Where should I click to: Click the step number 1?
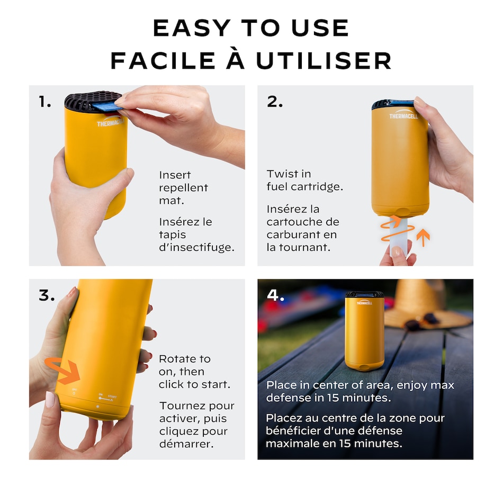[x=44, y=102]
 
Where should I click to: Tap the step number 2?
[x=275, y=102]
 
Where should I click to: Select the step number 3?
[x=47, y=295]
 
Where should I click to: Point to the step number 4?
[x=275, y=295]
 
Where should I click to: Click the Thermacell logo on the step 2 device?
[x=403, y=115]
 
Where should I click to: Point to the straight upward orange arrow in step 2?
[x=423, y=237]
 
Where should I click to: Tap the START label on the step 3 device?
[x=112, y=396]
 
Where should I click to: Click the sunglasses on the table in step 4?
[x=422, y=322]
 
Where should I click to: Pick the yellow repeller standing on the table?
[x=364, y=331]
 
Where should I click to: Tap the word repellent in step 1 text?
[x=184, y=188]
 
